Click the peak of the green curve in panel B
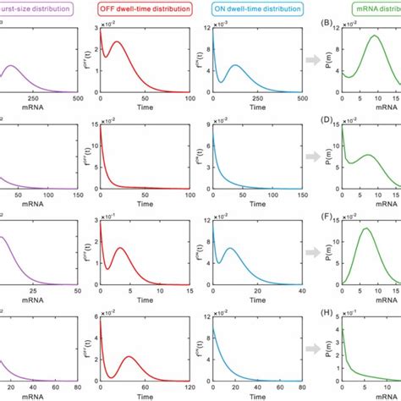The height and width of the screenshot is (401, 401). coord(372,36)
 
